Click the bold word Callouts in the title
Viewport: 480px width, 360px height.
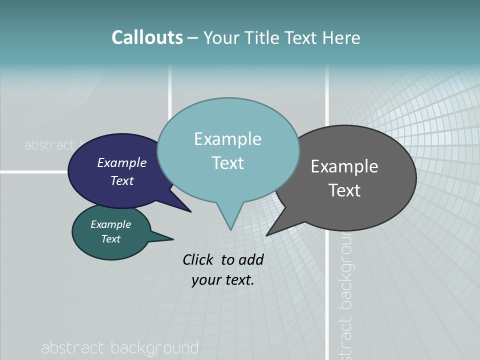pos(147,38)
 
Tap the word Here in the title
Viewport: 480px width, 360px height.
pos(342,38)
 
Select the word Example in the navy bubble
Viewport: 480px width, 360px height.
pos(122,163)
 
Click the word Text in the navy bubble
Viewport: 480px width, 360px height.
pos(122,180)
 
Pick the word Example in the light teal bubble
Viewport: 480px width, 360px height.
pos(227,139)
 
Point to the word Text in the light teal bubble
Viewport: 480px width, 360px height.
pos(228,163)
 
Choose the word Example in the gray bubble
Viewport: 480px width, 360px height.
pos(344,166)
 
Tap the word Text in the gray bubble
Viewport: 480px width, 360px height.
pos(344,190)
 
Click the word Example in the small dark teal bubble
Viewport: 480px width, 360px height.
pos(111,224)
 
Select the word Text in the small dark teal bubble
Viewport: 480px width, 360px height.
pos(111,239)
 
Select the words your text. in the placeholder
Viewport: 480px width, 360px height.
pos(223,280)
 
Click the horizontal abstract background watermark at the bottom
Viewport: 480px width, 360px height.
pos(120,348)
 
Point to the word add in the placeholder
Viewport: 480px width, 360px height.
pos(251,260)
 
